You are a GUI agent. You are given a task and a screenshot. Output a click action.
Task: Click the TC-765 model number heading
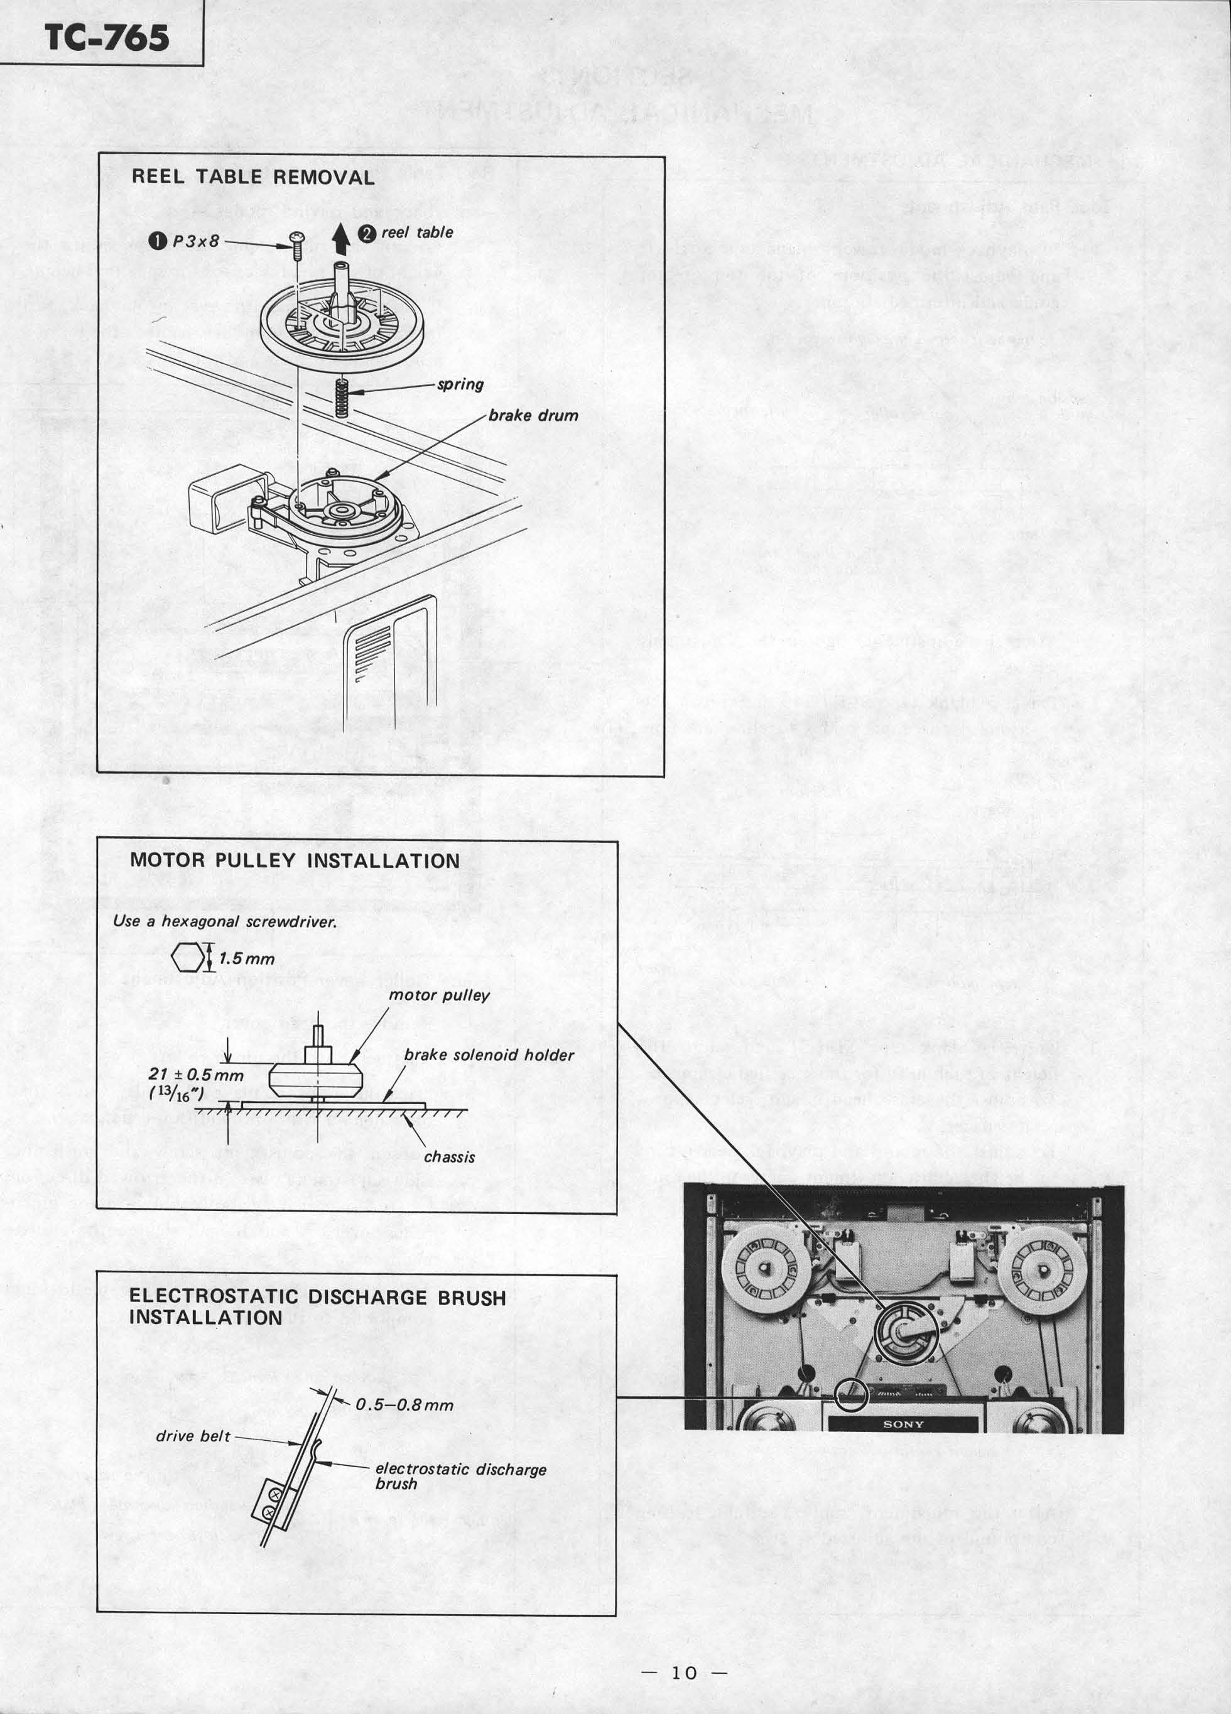pyautogui.click(x=107, y=36)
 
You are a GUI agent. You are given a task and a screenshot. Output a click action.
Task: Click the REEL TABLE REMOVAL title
pyautogui.click(x=253, y=178)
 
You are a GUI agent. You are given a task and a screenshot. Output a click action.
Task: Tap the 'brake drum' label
pyautogui.click(x=533, y=416)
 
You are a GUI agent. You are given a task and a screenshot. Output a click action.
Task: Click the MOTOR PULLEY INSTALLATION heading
pyautogui.click(x=295, y=861)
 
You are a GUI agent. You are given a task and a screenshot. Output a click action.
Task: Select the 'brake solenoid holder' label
pyautogui.click(x=489, y=1055)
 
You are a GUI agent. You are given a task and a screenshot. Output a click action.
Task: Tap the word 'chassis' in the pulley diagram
pyautogui.click(x=449, y=1157)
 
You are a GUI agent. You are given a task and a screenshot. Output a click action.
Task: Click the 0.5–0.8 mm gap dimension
pyautogui.click(x=404, y=1405)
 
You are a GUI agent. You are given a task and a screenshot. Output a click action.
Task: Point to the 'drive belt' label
pyautogui.click(x=193, y=1435)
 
